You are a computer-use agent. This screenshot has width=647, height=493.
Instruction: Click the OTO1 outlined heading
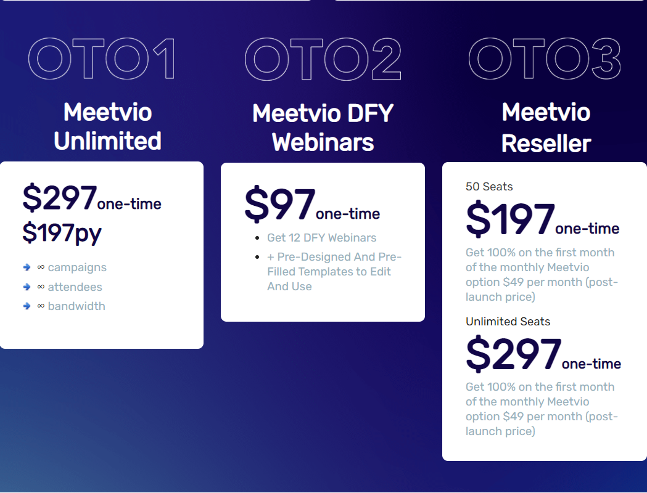pyautogui.click(x=102, y=59)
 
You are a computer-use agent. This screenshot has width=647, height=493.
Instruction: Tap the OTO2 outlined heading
pyautogui.click(x=323, y=59)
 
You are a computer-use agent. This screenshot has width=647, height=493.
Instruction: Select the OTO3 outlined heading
pyautogui.click(x=545, y=59)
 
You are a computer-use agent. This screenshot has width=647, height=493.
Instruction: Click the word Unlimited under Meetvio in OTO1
pyautogui.click(x=107, y=141)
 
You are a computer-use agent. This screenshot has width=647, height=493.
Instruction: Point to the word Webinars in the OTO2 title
pyautogui.click(x=323, y=142)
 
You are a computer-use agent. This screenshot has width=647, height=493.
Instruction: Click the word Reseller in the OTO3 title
pyautogui.click(x=546, y=144)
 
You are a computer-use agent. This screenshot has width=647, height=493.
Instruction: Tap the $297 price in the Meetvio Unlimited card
pyautogui.click(x=60, y=198)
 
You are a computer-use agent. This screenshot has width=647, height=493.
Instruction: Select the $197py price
pyautogui.click(x=62, y=233)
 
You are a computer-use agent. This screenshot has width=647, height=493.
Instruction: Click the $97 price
pyautogui.click(x=280, y=205)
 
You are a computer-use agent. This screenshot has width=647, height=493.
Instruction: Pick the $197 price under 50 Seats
pyautogui.click(x=510, y=219)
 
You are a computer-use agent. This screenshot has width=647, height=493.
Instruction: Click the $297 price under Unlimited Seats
pyautogui.click(x=513, y=354)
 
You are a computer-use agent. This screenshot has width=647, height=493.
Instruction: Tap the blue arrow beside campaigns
pyautogui.click(x=27, y=267)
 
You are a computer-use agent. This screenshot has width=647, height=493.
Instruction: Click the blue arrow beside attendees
pyautogui.click(x=27, y=287)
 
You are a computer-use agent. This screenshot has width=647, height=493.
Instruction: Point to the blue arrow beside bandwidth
pyautogui.click(x=27, y=306)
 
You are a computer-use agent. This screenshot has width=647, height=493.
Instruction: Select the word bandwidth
pyautogui.click(x=76, y=306)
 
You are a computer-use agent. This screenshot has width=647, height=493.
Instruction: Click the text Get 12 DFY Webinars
pyautogui.click(x=321, y=238)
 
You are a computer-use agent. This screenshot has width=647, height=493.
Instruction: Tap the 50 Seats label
pyautogui.click(x=489, y=187)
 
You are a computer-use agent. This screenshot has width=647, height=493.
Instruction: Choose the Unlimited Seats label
pyautogui.click(x=508, y=322)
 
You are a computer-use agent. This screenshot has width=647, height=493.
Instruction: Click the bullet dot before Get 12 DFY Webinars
pyautogui.click(x=257, y=238)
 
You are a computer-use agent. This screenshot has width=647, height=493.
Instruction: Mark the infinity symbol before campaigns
pyautogui.click(x=41, y=267)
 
